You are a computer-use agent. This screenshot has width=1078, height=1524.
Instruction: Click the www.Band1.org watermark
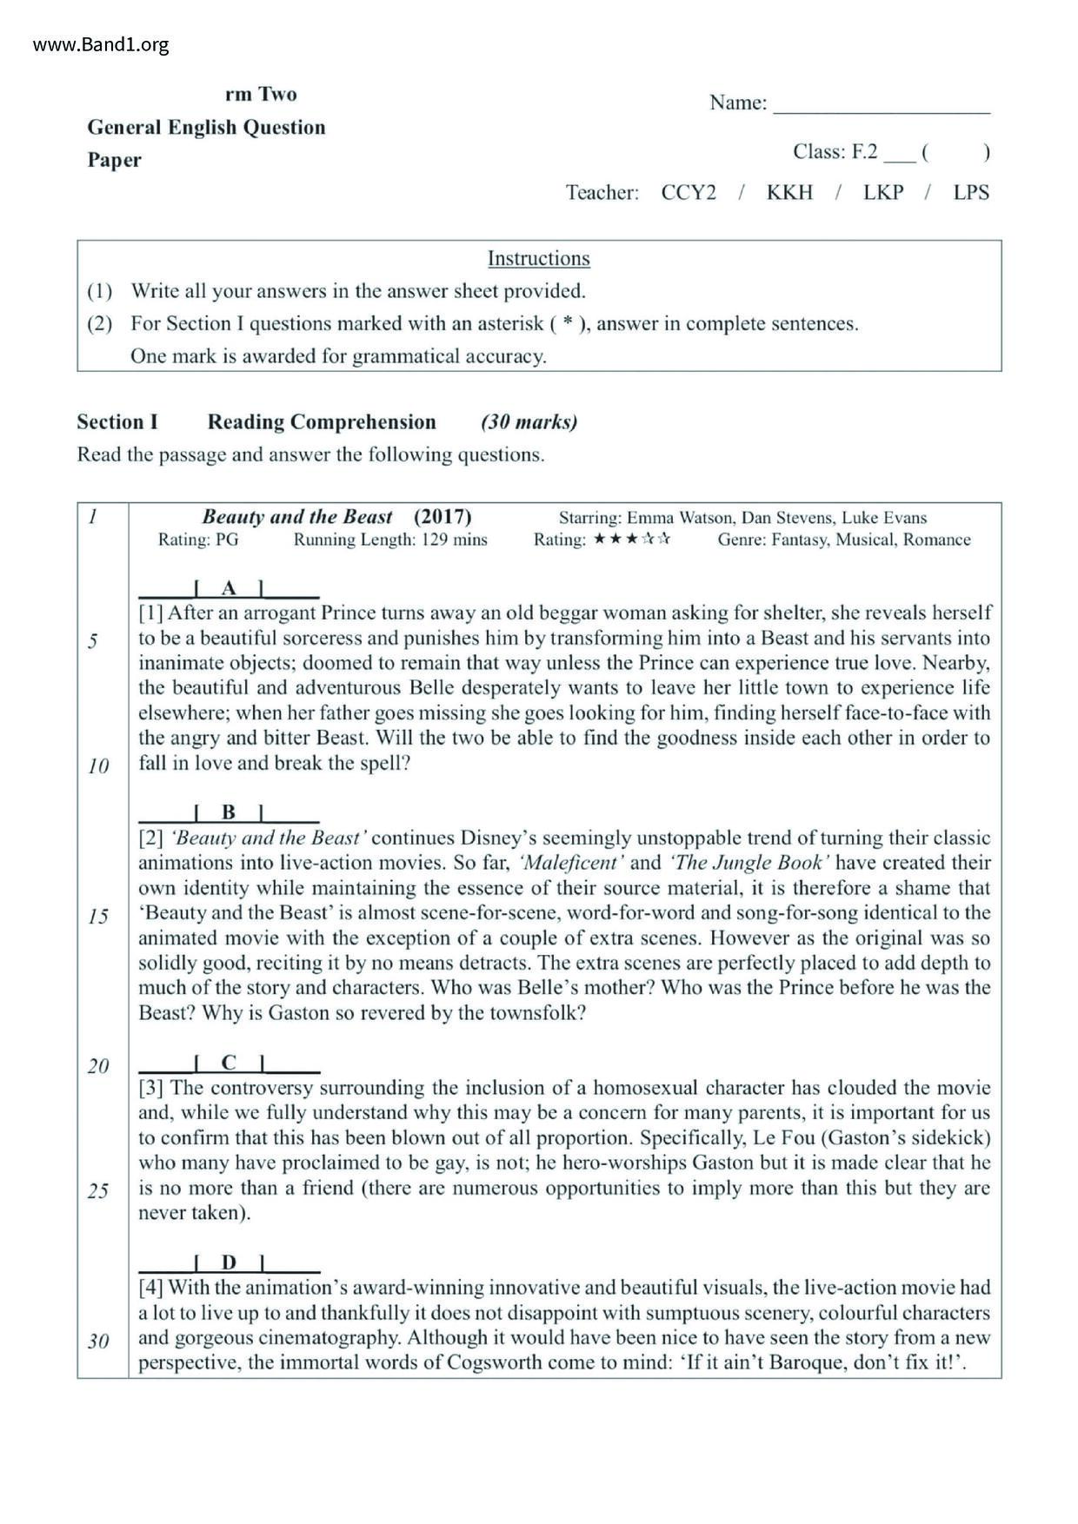tap(101, 44)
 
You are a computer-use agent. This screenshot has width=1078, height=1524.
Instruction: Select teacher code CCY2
tap(689, 192)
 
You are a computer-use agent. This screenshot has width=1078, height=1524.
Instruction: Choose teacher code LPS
tap(971, 192)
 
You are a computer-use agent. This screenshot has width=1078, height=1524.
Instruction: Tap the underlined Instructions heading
tap(538, 258)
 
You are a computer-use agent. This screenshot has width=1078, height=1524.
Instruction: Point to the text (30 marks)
tap(529, 422)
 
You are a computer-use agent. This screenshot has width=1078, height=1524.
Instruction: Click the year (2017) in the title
tap(443, 517)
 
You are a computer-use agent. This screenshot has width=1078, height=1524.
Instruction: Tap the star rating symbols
tap(632, 540)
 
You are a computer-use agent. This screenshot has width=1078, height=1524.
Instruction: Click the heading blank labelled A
tap(229, 589)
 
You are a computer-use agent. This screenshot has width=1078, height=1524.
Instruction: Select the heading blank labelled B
tap(229, 813)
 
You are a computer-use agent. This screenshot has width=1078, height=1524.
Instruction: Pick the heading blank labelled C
tap(229, 1063)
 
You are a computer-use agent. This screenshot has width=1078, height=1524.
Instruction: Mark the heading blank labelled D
tap(229, 1262)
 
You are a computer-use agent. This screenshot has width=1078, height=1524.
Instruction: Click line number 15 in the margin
tap(98, 917)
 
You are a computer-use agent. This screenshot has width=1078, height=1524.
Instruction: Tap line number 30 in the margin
tap(98, 1341)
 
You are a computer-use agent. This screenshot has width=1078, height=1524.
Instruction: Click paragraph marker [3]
tap(152, 1088)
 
